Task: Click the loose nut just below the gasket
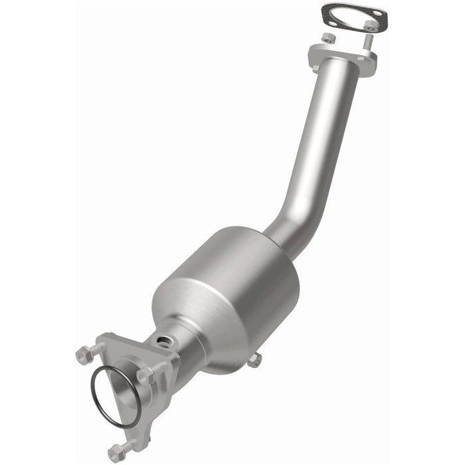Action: (x=328, y=38)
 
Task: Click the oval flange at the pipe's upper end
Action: (x=342, y=56)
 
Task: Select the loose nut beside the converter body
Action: (x=254, y=359)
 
